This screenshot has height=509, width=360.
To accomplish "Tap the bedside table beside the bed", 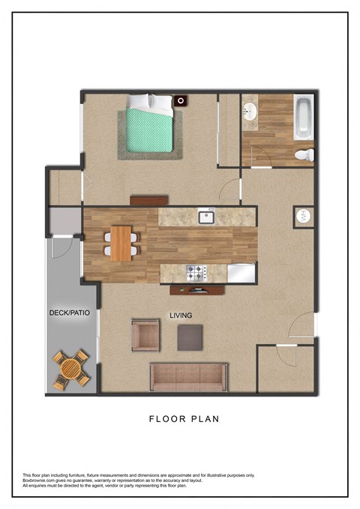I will [181, 100].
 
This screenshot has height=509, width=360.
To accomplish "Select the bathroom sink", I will [250, 112].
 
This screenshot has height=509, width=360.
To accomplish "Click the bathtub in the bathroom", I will [302, 118].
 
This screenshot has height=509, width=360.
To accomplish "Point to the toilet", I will [303, 155].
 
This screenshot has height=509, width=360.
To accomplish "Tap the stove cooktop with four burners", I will [196, 273].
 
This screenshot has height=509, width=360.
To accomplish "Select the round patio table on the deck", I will [70, 370].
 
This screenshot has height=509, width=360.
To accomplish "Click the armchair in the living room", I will [145, 335].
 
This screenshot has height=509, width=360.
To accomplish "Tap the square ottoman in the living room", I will [190, 337].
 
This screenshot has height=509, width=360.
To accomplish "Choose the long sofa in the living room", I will [188, 376].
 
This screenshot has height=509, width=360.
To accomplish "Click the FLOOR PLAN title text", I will [184, 419].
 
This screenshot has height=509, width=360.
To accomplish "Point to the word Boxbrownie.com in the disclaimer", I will [40, 481].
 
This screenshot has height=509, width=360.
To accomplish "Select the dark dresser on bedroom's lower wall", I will [148, 200].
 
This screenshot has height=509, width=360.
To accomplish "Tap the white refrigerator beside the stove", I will [241, 273].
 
